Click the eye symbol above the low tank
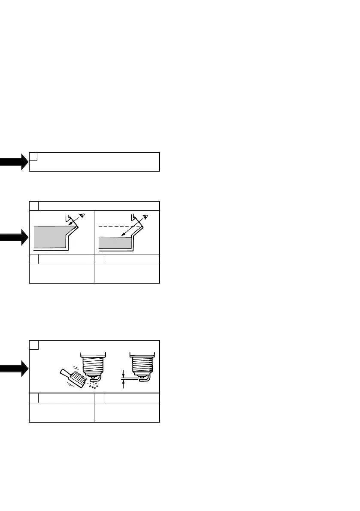coord(146,217)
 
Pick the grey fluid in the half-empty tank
coord(114,243)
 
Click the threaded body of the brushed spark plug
coord(93,365)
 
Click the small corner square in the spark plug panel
coord(34,345)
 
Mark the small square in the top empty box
coord(33,156)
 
